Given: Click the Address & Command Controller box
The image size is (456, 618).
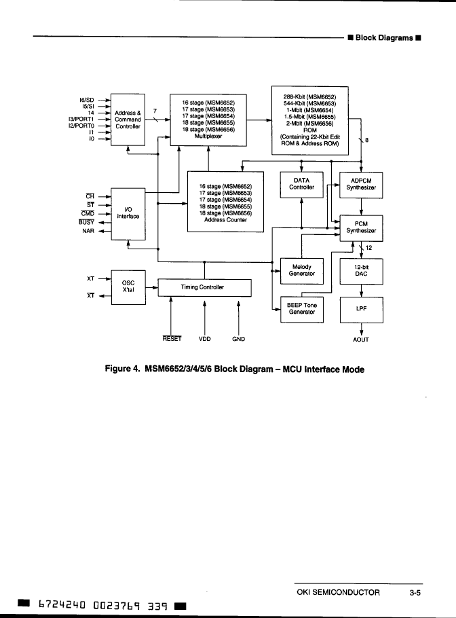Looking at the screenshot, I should [128, 120].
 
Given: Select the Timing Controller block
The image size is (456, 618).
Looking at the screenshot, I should [204, 287].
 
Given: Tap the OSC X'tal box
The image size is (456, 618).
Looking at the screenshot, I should [128, 286].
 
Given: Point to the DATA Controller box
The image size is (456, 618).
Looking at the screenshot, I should [301, 184].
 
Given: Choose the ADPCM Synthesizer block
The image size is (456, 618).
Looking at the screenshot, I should [361, 184].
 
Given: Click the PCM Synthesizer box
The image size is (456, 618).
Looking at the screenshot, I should [361, 228].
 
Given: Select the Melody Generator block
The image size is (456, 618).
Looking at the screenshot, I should [301, 271].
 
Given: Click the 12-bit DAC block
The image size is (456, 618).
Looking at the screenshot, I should [361, 271].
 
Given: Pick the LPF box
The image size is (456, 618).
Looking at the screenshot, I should [361, 309].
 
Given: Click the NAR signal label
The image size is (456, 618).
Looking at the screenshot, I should [88, 231].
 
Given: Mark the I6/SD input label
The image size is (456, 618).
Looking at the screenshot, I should [87, 100].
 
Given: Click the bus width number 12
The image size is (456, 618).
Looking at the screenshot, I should [368, 247].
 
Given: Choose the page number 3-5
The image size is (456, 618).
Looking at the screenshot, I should [416, 593].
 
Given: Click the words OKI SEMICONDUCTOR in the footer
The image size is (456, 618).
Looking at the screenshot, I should [338, 593].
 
